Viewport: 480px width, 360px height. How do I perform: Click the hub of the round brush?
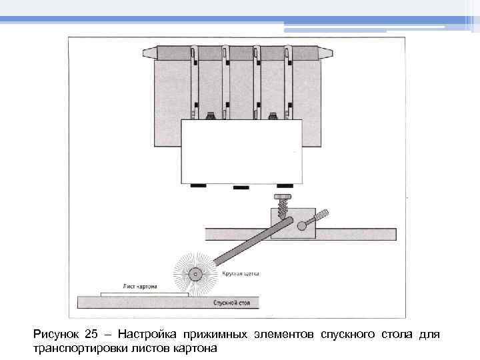(195, 273)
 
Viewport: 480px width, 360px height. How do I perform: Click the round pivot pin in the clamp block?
(301, 225)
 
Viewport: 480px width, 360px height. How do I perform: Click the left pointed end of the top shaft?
(147, 51)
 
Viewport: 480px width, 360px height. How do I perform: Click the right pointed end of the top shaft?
(327, 51)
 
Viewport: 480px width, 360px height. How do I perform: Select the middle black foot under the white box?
(241, 187)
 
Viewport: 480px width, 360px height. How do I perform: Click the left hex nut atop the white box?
(211, 117)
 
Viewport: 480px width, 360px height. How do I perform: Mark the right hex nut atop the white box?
(272, 117)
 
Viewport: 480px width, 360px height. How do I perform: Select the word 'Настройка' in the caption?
(145, 334)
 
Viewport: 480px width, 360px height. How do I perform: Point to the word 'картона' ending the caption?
(196, 348)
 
